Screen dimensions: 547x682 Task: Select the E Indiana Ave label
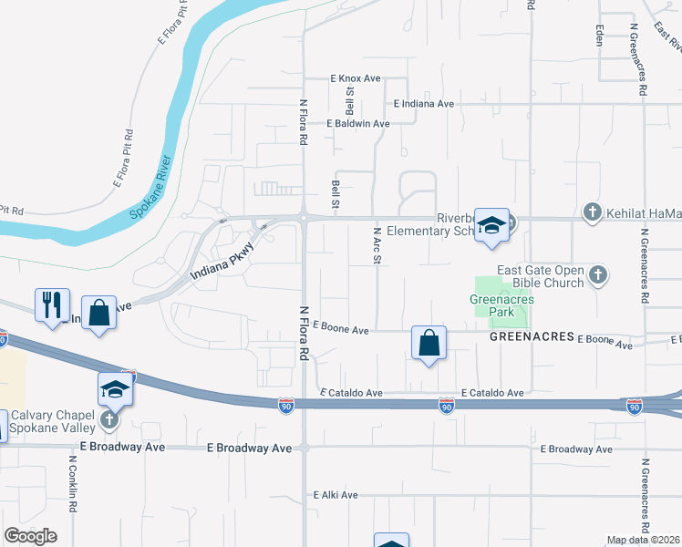pyautogui.click(x=424, y=104)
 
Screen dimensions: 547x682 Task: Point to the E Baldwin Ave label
pyautogui.click(x=358, y=124)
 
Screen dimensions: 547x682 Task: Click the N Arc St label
pyautogui.click(x=376, y=246)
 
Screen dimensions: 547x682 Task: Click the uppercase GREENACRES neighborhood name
pyautogui.click(x=531, y=336)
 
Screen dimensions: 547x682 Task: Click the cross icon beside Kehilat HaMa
pyautogui.click(x=593, y=213)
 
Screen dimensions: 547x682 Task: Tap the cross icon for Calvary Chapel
pyautogui.click(x=108, y=419)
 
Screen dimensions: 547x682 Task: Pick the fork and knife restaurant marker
pyautogui.click(x=51, y=304)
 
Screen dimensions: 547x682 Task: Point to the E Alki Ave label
pyautogui.click(x=336, y=495)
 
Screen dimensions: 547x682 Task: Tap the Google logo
pyautogui.click(x=30, y=535)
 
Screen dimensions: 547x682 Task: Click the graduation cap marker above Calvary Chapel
pyautogui.click(x=116, y=389)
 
